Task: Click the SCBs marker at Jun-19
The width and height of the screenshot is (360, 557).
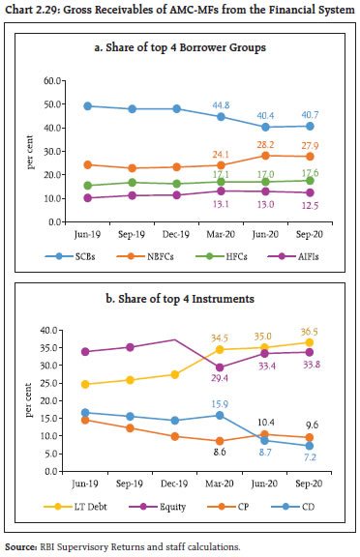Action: [61, 106]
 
